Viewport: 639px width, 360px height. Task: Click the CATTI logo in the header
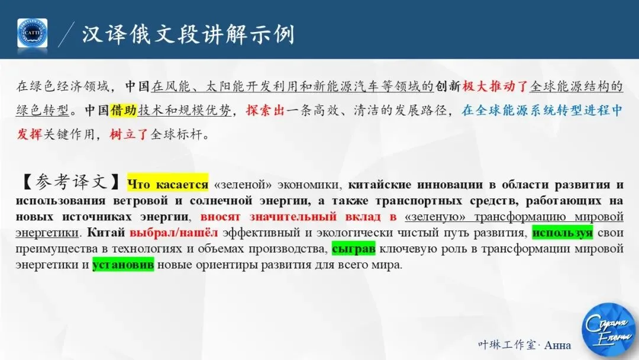pos(32,33)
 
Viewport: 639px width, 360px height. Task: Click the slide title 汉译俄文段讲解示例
pos(188,34)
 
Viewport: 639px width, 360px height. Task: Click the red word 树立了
pos(130,134)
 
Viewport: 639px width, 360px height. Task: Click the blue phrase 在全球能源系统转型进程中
pos(542,111)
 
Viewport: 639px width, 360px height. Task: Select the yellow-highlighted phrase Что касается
pos(168,185)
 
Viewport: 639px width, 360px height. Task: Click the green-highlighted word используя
pos(562,233)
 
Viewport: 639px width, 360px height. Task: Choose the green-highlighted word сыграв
pos(353,249)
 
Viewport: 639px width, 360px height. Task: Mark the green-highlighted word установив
pos(123,265)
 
